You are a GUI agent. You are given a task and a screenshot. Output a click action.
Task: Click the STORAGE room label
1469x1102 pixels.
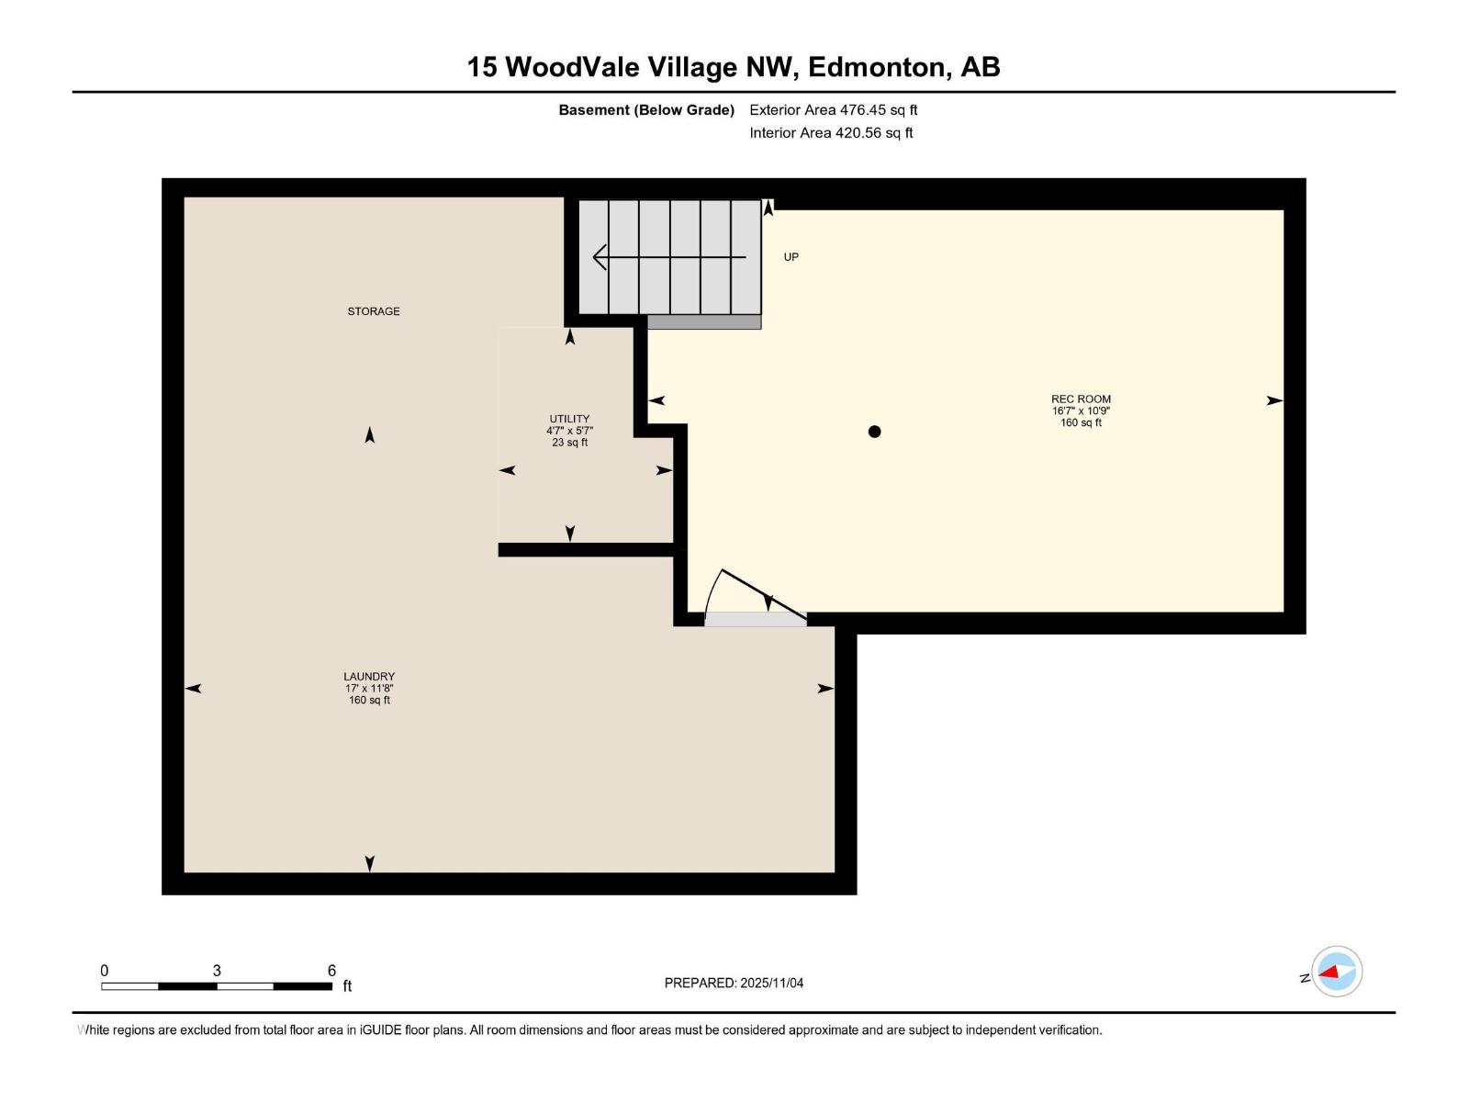tap(373, 311)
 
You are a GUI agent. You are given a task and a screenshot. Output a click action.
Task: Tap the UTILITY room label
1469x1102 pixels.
tap(569, 419)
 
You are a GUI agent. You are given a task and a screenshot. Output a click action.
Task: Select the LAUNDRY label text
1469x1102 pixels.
tap(369, 677)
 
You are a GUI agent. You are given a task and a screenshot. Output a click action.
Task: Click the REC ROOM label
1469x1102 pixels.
tap(1081, 399)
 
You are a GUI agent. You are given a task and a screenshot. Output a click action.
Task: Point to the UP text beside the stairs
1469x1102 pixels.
tap(791, 257)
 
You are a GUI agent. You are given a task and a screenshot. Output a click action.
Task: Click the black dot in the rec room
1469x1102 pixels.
tap(874, 432)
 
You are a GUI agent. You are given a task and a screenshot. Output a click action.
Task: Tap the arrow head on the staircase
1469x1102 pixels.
tap(600, 257)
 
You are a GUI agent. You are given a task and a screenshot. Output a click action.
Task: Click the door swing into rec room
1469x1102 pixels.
tap(753, 592)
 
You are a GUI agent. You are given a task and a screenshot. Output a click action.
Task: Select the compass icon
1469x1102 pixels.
tap(1337, 972)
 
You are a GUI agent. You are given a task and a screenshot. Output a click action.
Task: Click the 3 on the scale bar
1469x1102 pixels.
tap(217, 971)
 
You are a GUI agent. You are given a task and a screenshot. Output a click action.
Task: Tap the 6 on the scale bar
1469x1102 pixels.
tap(331, 971)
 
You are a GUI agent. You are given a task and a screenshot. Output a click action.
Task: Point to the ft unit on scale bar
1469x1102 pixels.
tap(347, 987)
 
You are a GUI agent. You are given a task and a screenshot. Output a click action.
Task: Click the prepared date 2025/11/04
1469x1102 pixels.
tap(771, 983)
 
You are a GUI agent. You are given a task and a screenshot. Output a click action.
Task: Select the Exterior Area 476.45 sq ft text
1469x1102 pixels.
tap(833, 110)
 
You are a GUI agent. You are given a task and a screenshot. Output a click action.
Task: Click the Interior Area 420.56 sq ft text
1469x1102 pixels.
tap(831, 133)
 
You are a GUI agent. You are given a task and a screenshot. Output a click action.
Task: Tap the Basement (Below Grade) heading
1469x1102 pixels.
tap(646, 110)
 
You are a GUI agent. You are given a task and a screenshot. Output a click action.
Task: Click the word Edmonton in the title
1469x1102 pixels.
tap(876, 67)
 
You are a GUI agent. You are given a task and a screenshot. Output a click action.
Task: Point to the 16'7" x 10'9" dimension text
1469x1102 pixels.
tap(1081, 411)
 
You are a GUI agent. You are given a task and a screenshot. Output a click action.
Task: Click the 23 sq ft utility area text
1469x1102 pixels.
tap(569, 443)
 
